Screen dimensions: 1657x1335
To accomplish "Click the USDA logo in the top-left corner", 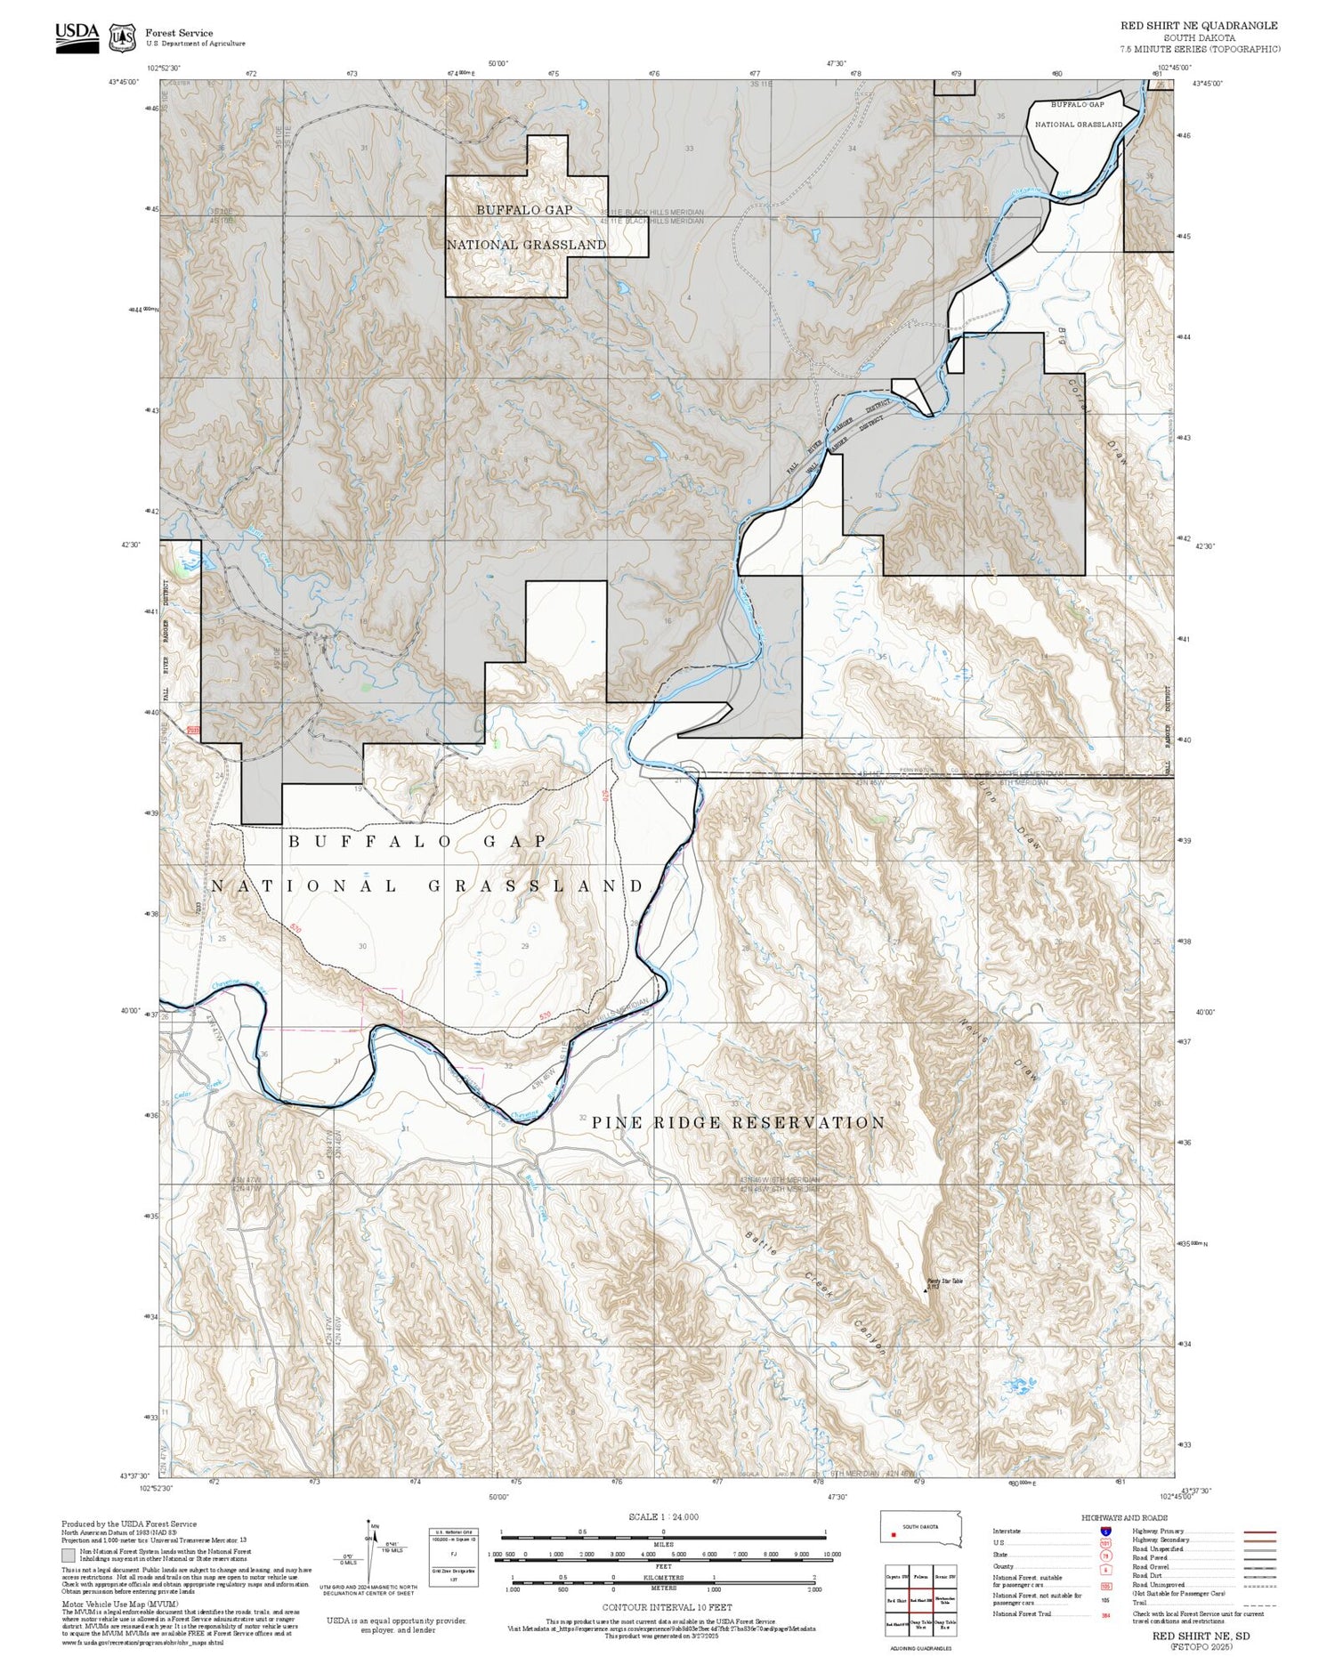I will point(77,36).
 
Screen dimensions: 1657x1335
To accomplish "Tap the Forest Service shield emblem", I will point(122,37).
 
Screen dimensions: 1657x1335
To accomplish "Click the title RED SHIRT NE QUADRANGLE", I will point(1198,26).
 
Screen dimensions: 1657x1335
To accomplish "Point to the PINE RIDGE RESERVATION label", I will point(739,1123).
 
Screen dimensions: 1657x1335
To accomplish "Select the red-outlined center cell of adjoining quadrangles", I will point(920,1600).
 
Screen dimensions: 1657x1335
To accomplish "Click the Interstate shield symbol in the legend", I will point(1105,1531).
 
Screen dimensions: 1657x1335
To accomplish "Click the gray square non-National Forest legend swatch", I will point(68,1556).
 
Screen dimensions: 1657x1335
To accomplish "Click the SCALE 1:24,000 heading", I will point(663,1517).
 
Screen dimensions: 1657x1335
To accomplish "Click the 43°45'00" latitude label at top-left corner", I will point(124,82).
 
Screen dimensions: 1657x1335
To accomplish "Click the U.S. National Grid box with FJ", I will point(453,1552).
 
